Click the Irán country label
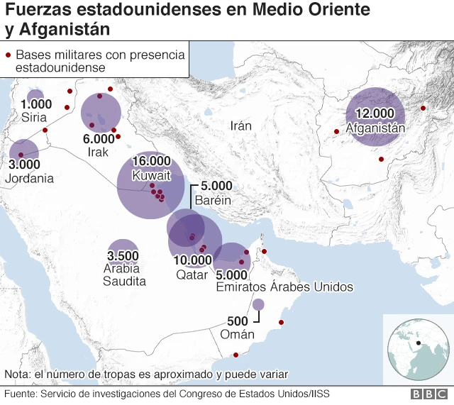(x=241, y=126)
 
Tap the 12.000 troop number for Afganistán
(x=375, y=113)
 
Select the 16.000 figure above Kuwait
(x=151, y=160)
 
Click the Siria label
(x=34, y=117)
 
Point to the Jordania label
(x=29, y=179)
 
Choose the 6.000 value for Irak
(x=99, y=138)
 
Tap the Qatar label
(x=192, y=274)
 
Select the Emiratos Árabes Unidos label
(x=284, y=287)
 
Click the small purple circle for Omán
(x=258, y=304)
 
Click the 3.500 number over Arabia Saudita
(x=123, y=255)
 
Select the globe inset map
(x=418, y=348)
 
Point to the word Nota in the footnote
(x=16, y=374)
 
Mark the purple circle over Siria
(x=35, y=96)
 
